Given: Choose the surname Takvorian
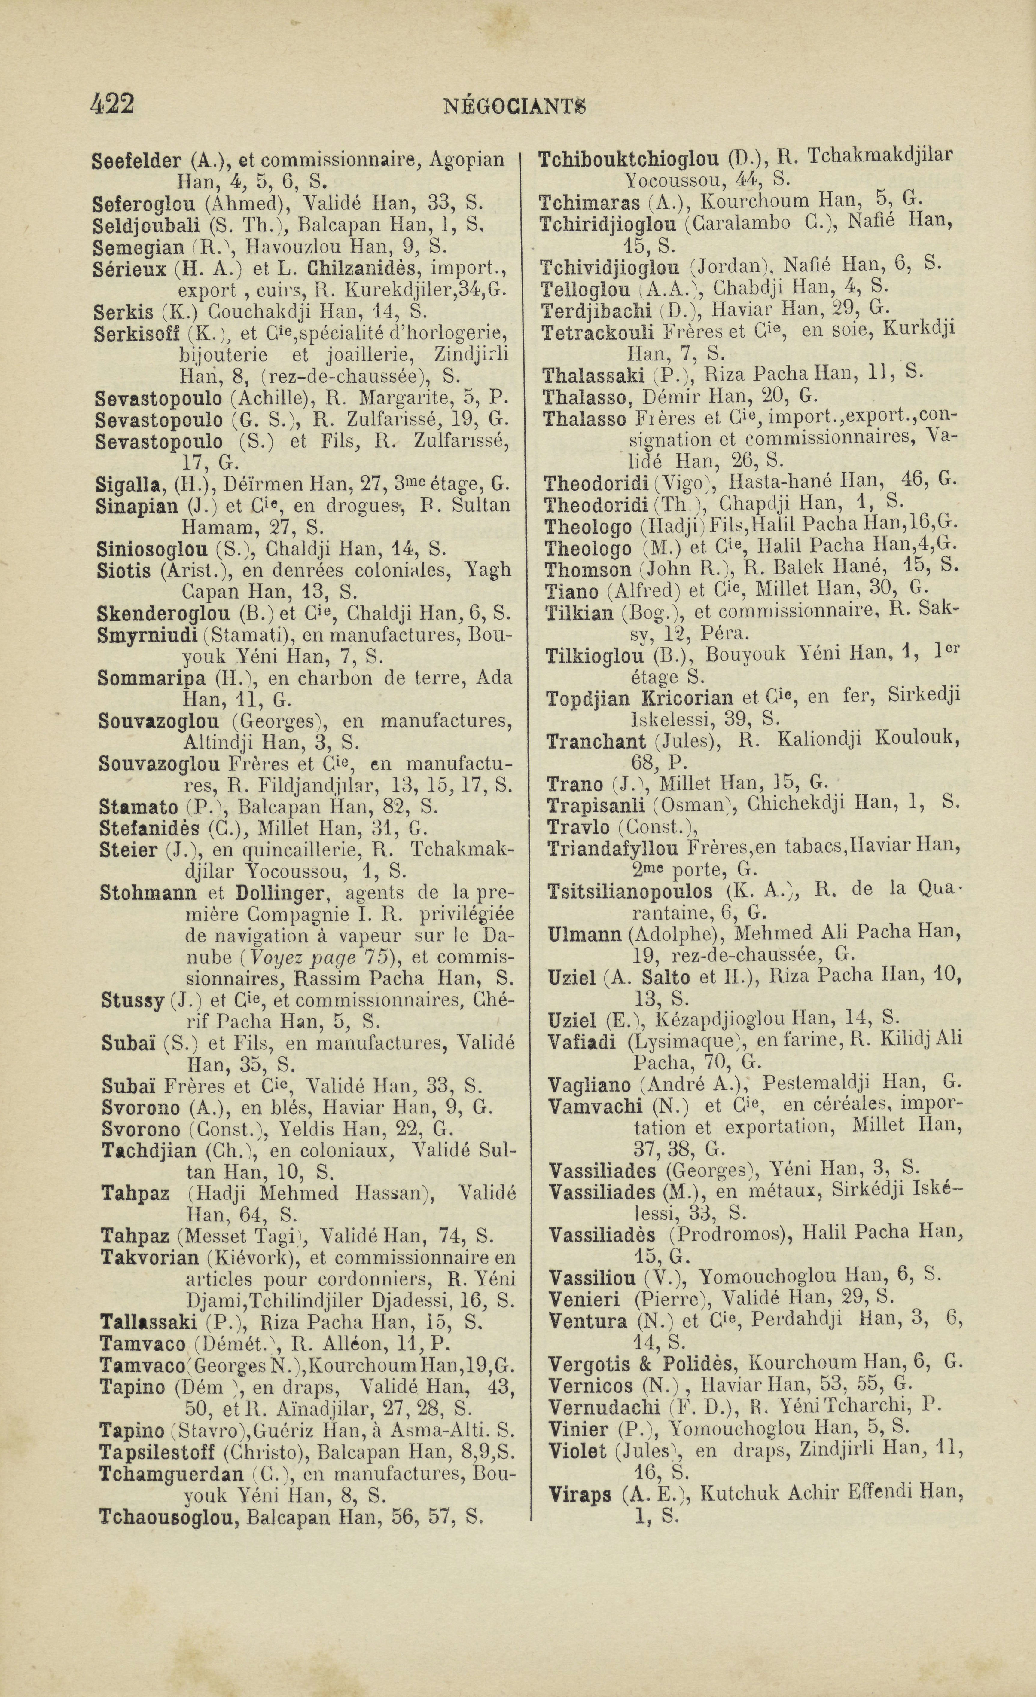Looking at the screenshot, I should click(150, 1257).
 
